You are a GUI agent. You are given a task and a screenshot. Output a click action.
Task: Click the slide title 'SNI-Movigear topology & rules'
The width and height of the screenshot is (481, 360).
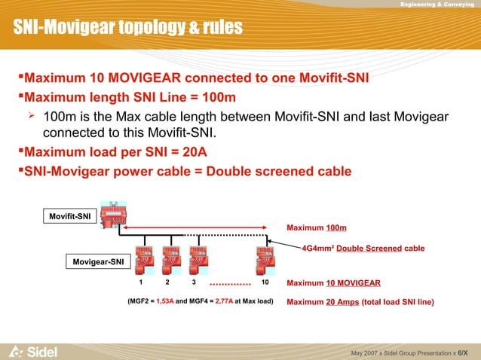pyautogui.click(x=127, y=29)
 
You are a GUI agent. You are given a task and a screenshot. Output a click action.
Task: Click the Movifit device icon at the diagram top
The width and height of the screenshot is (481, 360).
pyautogui.click(x=112, y=218)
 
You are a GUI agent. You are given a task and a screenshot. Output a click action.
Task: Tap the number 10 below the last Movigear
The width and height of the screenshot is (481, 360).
pyautogui.click(x=265, y=283)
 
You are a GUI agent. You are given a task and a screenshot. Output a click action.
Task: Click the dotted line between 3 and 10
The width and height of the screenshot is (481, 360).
pyautogui.click(x=229, y=285)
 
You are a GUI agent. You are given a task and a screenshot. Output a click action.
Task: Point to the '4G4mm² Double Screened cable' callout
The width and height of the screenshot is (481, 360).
pyautogui.click(x=363, y=248)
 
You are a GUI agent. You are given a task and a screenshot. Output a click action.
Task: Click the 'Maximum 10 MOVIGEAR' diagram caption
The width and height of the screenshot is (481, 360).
pyautogui.click(x=334, y=283)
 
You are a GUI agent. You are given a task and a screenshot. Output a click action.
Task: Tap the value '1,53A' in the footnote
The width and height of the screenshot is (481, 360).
pyautogui.click(x=165, y=303)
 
